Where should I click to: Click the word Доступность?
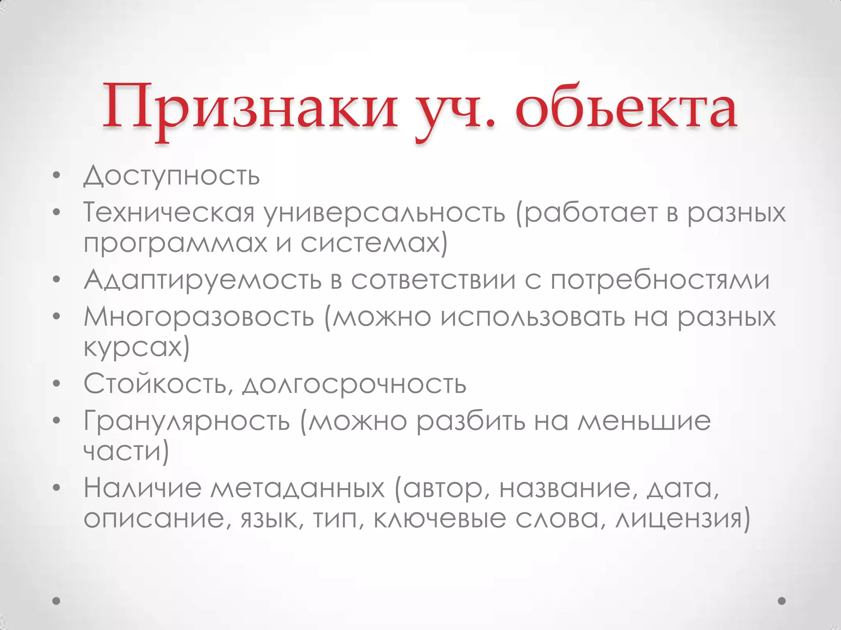[x=172, y=176]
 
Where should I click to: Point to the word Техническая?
[x=169, y=212]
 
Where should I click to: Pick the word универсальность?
[x=384, y=212]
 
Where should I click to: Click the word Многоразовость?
[x=199, y=317]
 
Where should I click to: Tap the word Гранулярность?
[x=187, y=421]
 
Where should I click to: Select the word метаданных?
[x=298, y=488]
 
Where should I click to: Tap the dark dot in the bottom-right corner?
[x=782, y=601]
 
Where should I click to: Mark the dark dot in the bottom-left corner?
[x=57, y=601]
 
